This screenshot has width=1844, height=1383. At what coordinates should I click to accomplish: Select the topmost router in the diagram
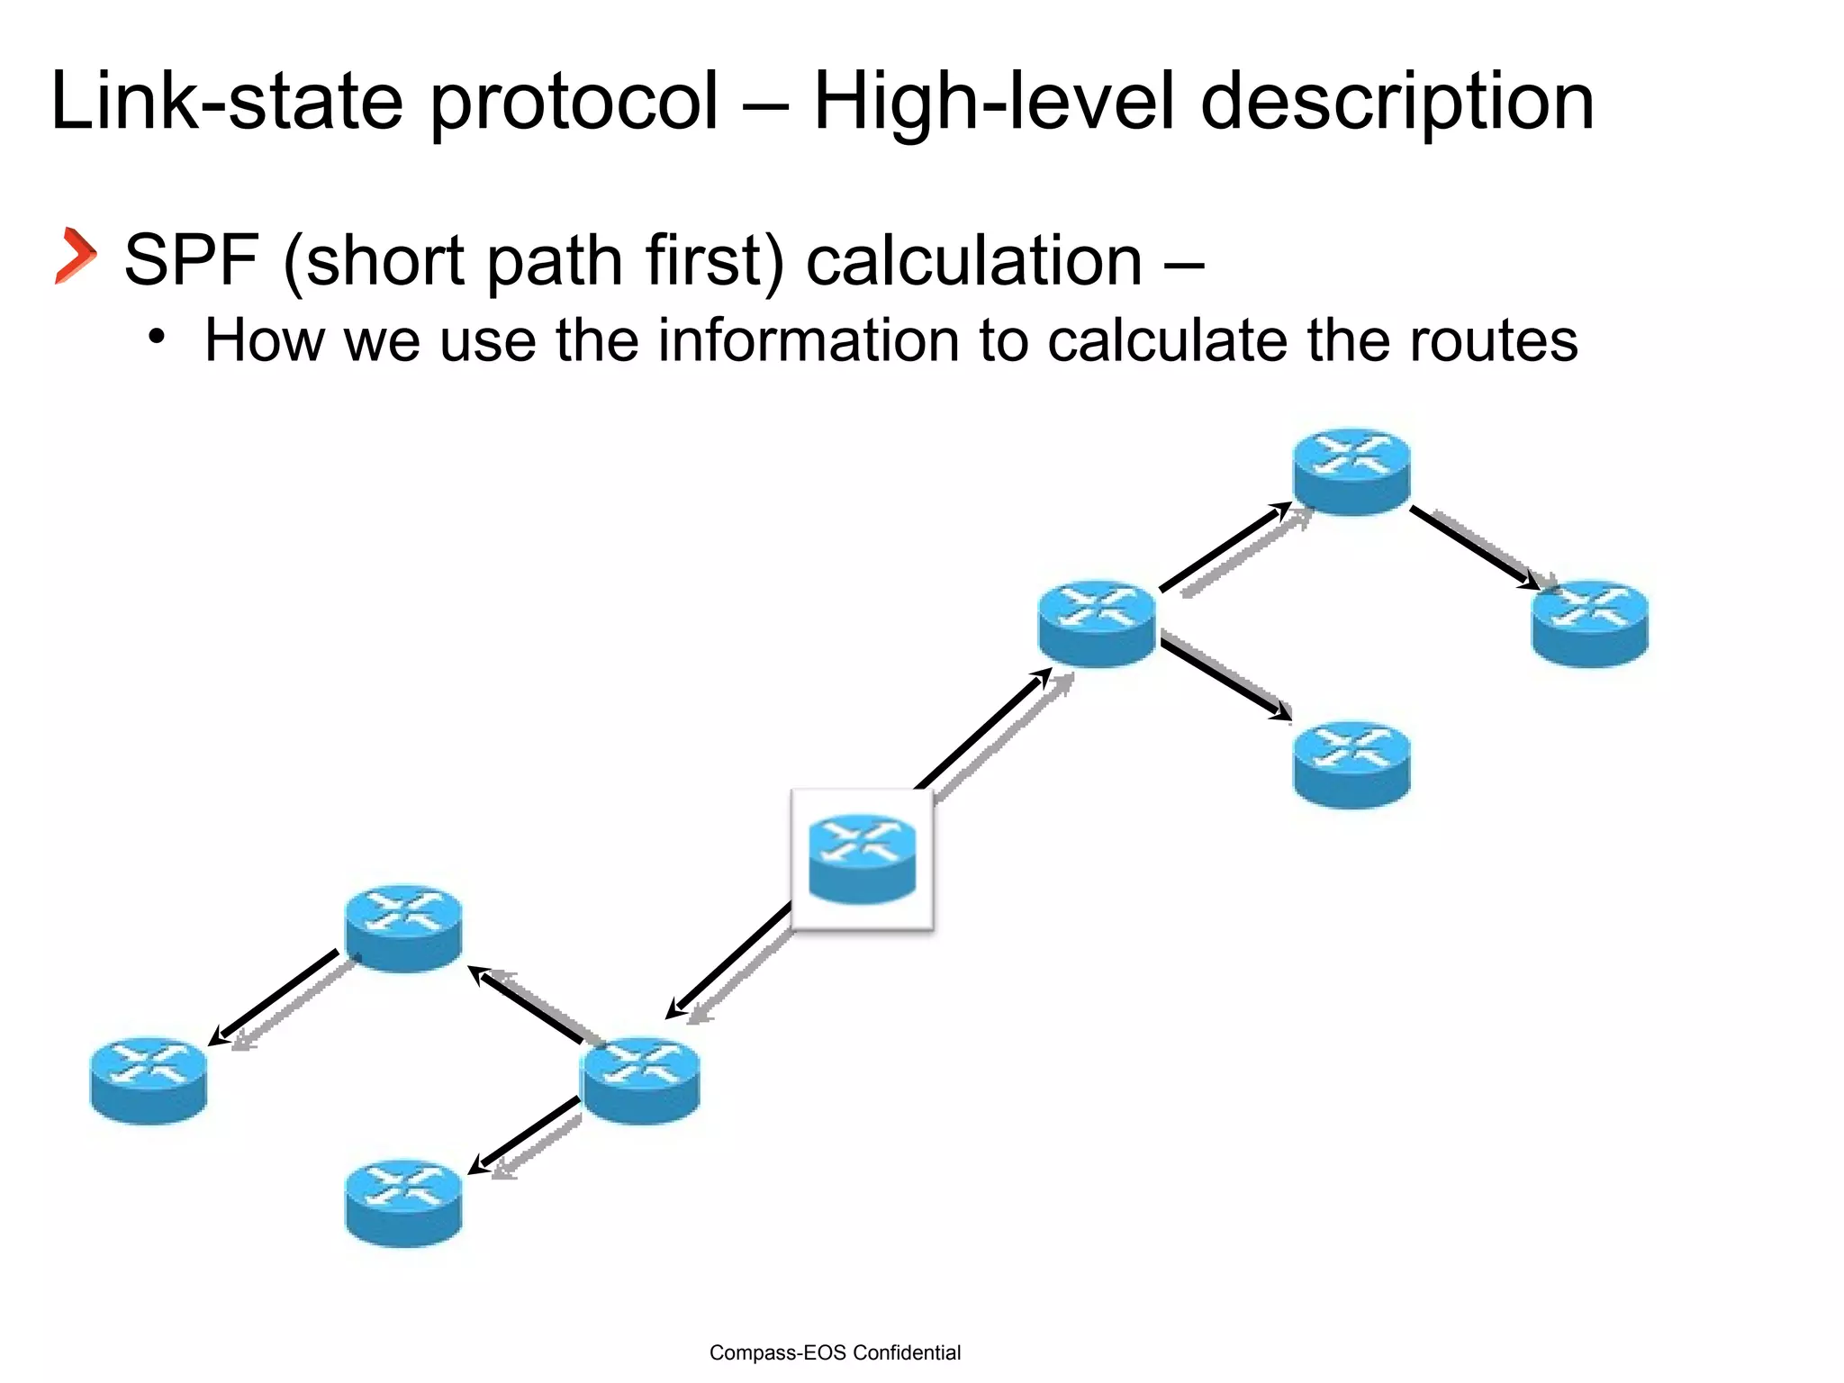[x=1351, y=471]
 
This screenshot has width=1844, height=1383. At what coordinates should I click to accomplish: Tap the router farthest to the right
[x=1589, y=623]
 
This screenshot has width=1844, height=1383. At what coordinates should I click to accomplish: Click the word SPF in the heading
[x=192, y=260]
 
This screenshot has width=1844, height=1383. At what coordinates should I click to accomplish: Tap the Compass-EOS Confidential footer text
[x=835, y=1352]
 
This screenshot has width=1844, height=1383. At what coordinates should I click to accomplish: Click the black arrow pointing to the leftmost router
[x=276, y=997]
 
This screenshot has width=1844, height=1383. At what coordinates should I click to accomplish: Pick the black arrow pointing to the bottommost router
[x=525, y=1135]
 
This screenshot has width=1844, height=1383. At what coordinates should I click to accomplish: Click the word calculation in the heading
[x=973, y=260]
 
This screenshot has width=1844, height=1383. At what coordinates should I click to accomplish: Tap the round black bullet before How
[x=158, y=338]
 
